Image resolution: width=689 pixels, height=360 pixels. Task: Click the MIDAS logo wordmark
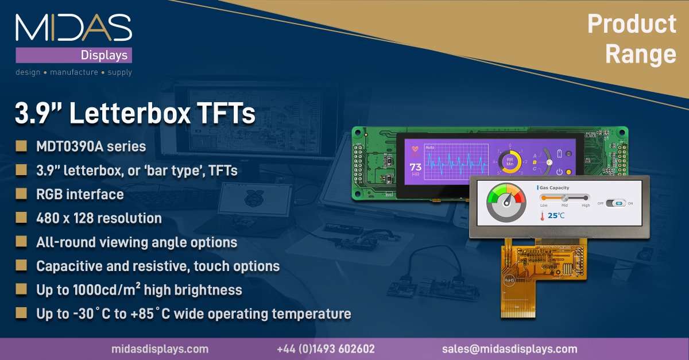click(73, 28)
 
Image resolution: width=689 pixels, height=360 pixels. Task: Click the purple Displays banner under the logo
click(73, 55)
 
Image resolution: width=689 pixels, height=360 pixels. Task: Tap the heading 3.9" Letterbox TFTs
click(134, 113)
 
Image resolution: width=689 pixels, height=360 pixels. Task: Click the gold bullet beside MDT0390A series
click(21, 146)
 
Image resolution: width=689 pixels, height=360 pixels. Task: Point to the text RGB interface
click(80, 194)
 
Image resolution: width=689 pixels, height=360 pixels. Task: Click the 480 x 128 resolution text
click(99, 218)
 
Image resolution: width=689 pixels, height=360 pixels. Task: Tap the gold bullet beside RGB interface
click(21, 194)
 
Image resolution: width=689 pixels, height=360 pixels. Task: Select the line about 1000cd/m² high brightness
click(139, 290)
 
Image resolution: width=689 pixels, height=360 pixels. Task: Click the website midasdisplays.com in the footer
click(160, 349)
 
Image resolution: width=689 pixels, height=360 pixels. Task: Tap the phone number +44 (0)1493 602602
click(325, 349)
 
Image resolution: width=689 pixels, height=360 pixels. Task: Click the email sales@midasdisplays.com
click(509, 349)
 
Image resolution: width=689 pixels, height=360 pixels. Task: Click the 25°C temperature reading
click(555, 216)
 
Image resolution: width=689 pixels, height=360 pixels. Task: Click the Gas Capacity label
click(553, 188)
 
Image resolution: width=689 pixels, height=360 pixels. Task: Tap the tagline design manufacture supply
click(73, 72)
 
